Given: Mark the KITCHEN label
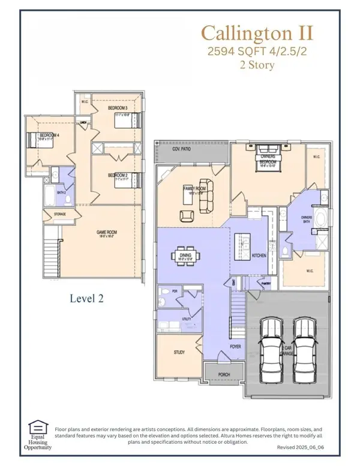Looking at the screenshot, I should pyautogui.click(x=259, y=255).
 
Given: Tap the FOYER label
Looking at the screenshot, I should pyautogui.click(x=235, y=347).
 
